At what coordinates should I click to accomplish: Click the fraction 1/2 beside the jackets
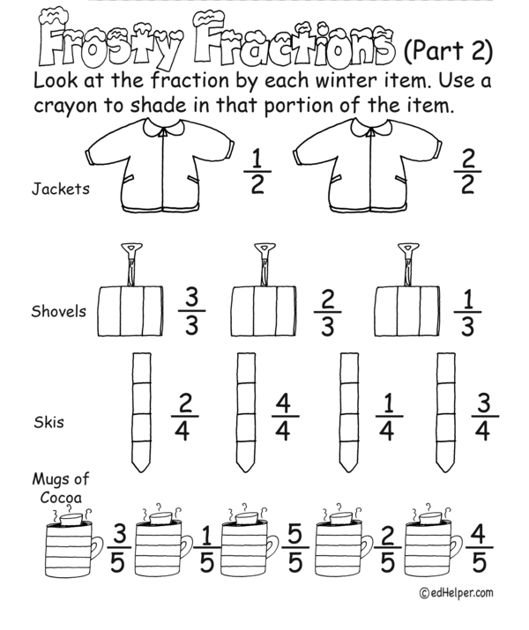click(x=257, y=172)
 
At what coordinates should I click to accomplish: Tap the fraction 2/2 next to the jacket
click(x=467, y=172)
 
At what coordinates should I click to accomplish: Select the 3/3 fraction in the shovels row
click(x=191, y=311)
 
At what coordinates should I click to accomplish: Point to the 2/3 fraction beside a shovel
click(x=328, y=312)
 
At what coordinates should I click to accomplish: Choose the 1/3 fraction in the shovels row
click(x=467, y=312)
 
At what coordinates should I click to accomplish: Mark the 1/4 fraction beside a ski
click(x=388, y=417)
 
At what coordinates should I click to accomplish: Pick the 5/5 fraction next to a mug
click(x=295, y=548)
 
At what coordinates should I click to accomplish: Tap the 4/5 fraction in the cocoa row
click(x=479, y=548)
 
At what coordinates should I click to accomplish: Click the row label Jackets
click(x=61, y=189)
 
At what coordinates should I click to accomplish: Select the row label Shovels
click(x=59, y=311)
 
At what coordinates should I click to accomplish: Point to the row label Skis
click(x=48, y=422)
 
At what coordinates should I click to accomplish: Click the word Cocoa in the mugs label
click(x=61, y=498)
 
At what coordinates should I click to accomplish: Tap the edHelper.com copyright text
click(x=456, y=593)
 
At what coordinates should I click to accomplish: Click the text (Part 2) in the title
click(x=448, y=50)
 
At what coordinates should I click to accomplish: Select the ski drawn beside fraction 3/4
click(x=446, y=412)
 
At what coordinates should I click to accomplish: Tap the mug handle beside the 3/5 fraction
click(x=97, y=548)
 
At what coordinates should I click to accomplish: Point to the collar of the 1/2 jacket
click(x=164, y=129)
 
